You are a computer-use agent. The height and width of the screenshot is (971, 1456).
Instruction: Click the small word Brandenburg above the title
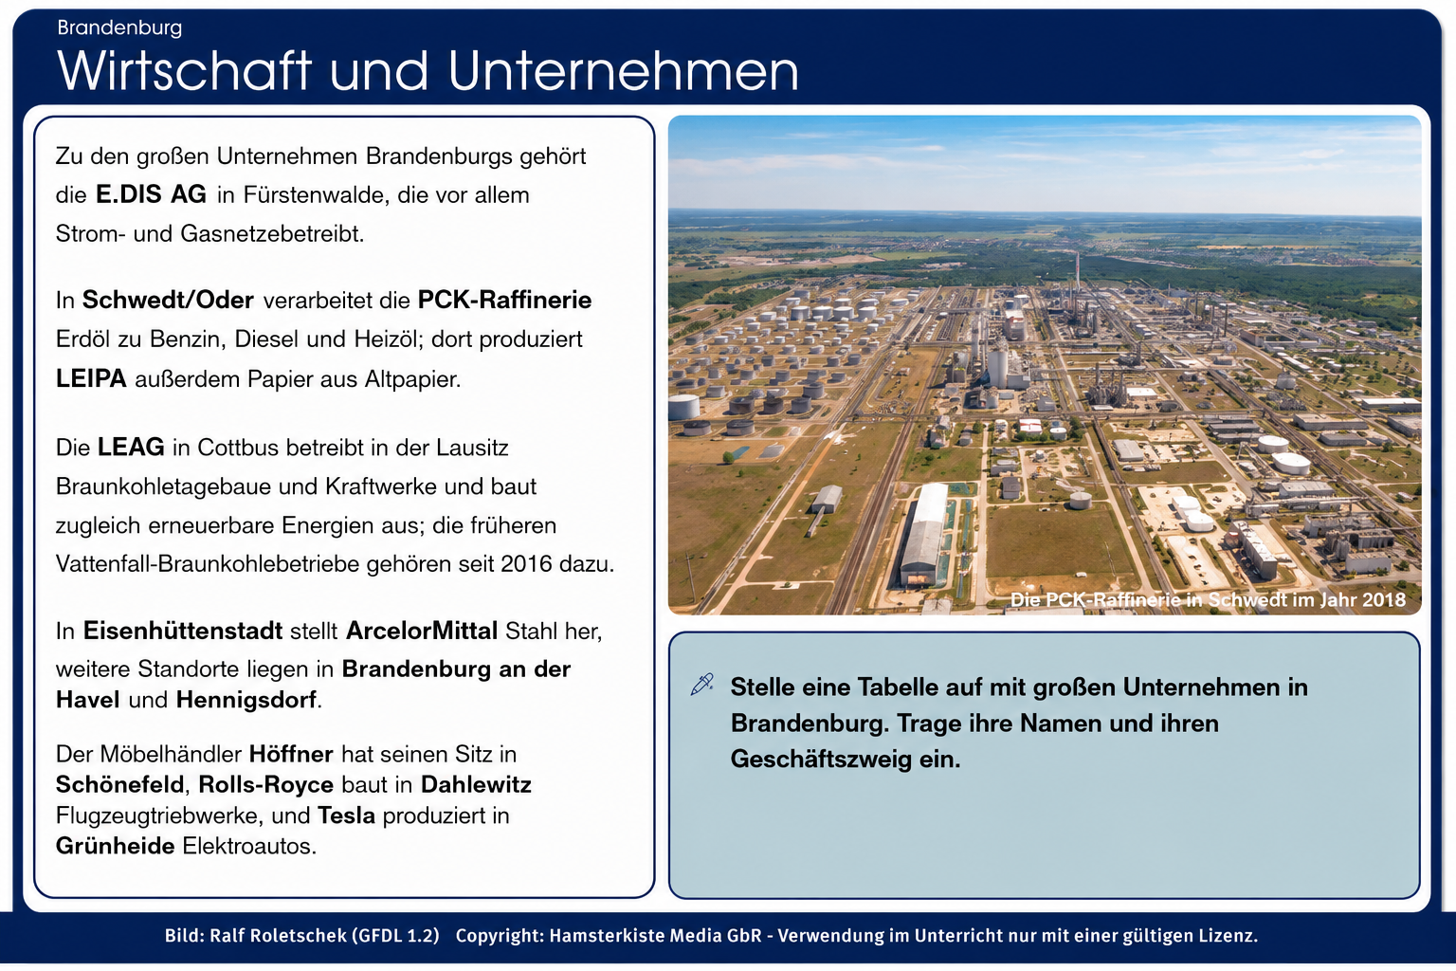click(x=119, y=28)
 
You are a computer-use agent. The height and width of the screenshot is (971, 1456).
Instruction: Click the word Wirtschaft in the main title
click(x=185, y=70)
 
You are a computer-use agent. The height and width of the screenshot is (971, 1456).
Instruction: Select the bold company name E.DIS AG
click(x=151, y=194)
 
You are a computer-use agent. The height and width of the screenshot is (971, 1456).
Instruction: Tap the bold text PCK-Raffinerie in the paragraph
click(x=504, y=300)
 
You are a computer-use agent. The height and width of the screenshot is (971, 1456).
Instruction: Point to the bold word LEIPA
click(x=91, y=378)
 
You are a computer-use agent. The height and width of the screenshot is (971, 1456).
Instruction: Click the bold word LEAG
click(x=131, y=448)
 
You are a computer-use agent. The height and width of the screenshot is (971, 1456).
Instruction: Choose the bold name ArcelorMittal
click(x=422, y=631)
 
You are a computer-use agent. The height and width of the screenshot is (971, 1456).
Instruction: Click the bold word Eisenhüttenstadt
click(x=183, y=631)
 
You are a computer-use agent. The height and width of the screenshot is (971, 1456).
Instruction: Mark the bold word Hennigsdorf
click(x=246, y=700)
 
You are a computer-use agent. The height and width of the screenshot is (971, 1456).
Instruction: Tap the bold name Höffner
click(x=291, y=755)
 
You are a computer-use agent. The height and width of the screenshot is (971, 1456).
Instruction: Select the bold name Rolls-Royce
click(x=265, y=785)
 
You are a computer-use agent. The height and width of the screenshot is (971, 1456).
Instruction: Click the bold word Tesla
click(x=346, y=815)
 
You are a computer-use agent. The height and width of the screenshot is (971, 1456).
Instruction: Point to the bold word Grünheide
click(x=115, y=846)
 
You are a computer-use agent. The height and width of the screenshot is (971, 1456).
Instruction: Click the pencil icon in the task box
click(x=701, y=685)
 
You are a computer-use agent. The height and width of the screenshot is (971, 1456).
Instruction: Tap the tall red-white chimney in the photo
click(x=1077, y=271)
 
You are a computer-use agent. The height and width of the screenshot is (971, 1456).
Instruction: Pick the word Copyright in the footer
click(x=500, y=936)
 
